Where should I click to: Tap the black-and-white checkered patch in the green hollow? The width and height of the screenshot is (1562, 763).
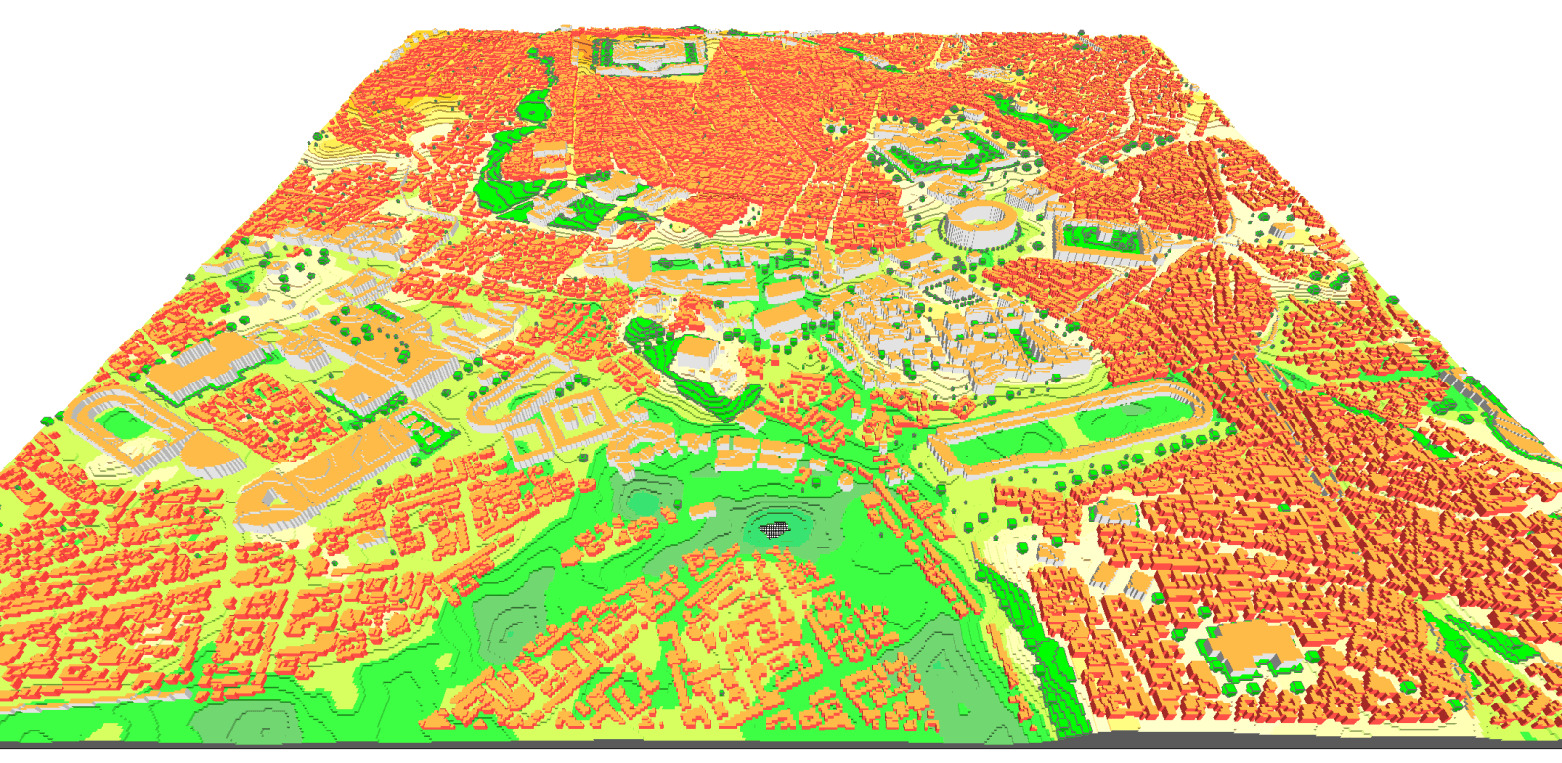pyautogui.click(x=774, y=529)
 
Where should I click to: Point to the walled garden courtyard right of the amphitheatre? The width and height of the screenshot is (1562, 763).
pyautogui.click(x=1104, y=238)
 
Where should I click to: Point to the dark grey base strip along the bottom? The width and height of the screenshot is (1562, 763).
pyautogui.click(x=781, y=752)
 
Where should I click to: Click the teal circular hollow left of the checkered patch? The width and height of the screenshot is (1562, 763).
pyautogui.click(x=641, y=503)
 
